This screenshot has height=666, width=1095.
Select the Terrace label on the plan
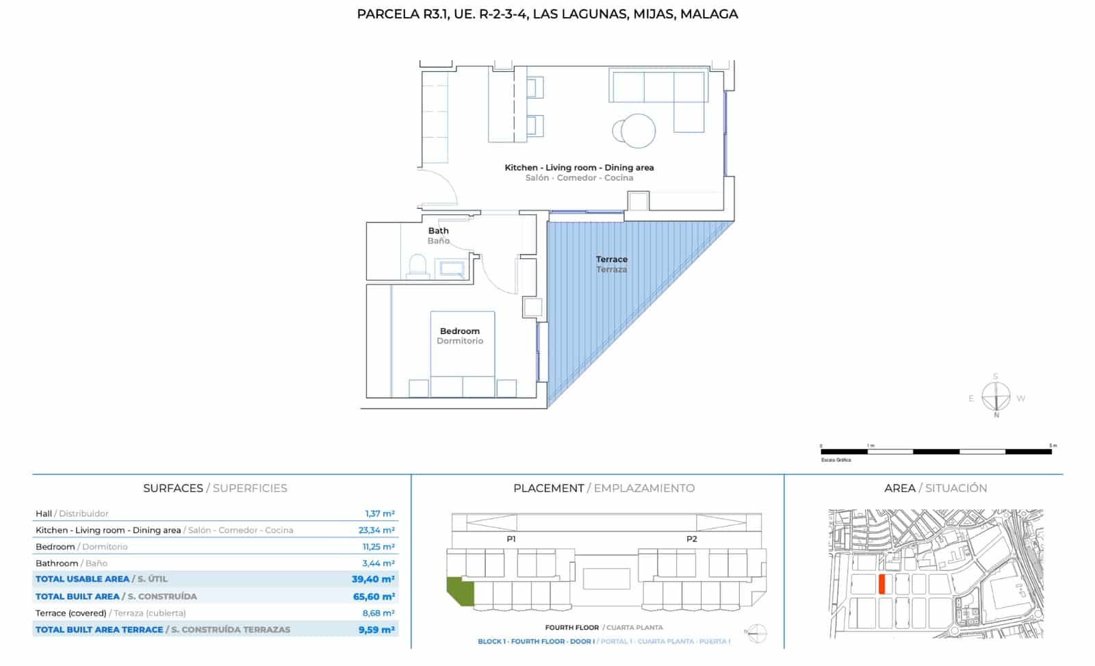[611, 259]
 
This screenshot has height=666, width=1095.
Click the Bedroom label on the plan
[460, 331]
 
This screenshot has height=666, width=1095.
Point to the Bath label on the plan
[438, 231]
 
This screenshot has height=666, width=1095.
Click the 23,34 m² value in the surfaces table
[376, 530]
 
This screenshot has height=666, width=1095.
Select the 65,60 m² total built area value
[374, 596]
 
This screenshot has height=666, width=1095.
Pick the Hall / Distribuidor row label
[72, 513]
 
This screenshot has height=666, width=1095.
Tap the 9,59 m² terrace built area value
[376, 630]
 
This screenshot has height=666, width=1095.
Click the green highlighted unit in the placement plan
[459, 590]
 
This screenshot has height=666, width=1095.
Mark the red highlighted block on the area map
[882, 585]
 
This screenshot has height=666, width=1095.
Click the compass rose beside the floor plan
[996, 397]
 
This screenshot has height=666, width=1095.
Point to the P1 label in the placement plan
[511, 539]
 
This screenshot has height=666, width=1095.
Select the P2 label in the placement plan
[692, 539]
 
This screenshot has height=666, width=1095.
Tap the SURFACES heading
[172, 488]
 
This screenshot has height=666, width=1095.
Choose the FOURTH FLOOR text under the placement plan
[571, 627]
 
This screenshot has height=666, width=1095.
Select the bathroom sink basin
[452, 268]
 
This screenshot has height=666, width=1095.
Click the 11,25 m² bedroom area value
[378, 547]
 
